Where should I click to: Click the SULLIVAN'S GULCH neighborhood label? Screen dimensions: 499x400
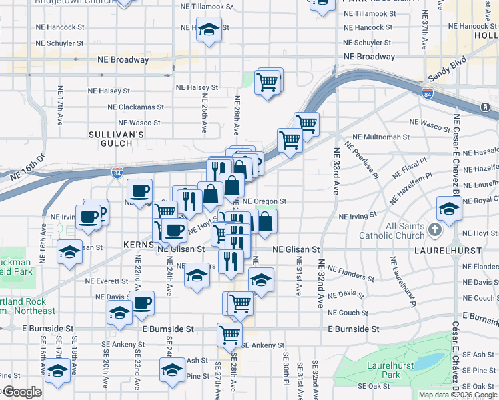[117, 139]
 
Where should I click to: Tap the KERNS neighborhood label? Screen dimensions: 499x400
[139, 245]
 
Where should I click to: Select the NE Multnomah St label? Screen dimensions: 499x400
[380, 137]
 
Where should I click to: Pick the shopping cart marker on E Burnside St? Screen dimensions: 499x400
[229, 334]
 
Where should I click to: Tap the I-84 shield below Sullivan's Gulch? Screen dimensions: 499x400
[117, 173]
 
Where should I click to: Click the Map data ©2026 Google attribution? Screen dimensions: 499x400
[458, 395]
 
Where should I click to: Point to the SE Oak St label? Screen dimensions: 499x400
[373, 385]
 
